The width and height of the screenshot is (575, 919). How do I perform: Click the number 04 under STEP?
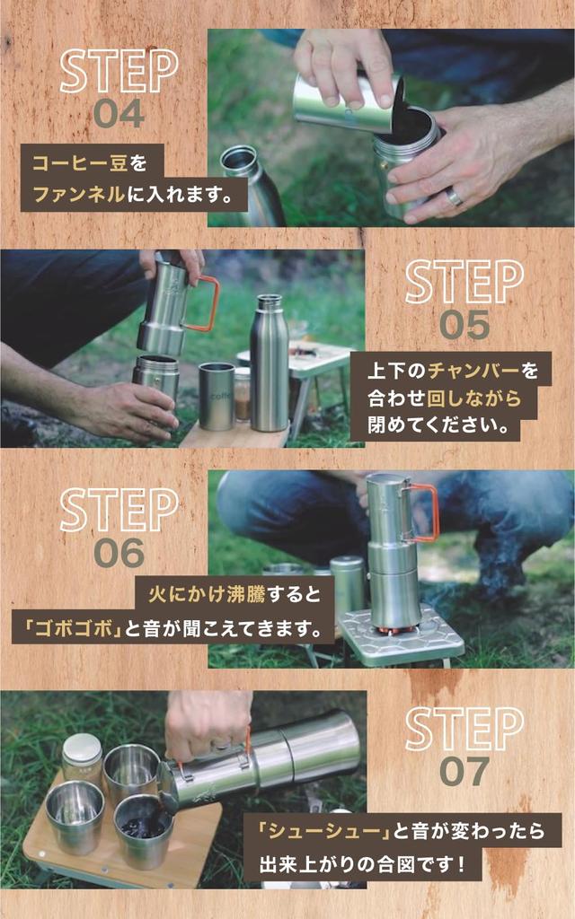click(119, 113)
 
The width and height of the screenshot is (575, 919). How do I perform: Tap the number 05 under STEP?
click(464, 325)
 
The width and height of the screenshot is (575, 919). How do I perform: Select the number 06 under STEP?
click(119, 553)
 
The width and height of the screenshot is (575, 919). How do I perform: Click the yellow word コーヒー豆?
click(79, 163)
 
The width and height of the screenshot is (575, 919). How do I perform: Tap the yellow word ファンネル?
click(79, 194)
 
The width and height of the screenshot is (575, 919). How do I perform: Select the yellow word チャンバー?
click(473, 371)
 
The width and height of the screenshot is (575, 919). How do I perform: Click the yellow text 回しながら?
click(473, 398)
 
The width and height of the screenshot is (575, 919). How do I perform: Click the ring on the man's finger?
click(455, 197)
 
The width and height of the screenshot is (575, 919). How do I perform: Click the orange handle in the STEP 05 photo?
click(206, 303)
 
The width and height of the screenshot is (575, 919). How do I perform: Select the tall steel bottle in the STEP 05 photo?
click(269, 363)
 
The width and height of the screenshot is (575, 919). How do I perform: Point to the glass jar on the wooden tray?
click(82, 757)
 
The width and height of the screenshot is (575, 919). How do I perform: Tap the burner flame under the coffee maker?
click(394, 631)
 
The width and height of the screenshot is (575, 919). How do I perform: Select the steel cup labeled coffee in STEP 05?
click(217, 396)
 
